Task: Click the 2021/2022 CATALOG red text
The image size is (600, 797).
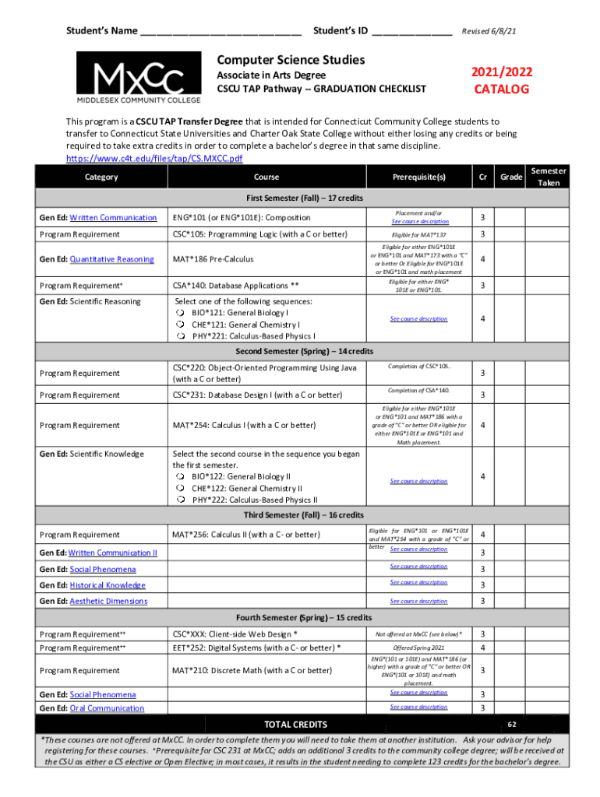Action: pyautogui.click(x=502, y=80)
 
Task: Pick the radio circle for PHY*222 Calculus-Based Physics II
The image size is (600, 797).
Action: pyautogui.click(x=180, y=500)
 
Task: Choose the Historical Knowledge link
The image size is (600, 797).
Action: pyautogui.click(x=107, y=585)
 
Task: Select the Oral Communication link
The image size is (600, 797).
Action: pyautogui.click(x=106, y=708)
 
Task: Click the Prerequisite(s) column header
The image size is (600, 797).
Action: pyautogui.click(x=419, y=177)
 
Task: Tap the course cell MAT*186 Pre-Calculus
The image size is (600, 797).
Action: pyautogui.click(x=213, y=259)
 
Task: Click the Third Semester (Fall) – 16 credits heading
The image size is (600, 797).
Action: pyautogui.click(x=305, y=515)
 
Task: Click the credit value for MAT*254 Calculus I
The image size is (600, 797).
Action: pyautogui.click(x=483, y=426)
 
